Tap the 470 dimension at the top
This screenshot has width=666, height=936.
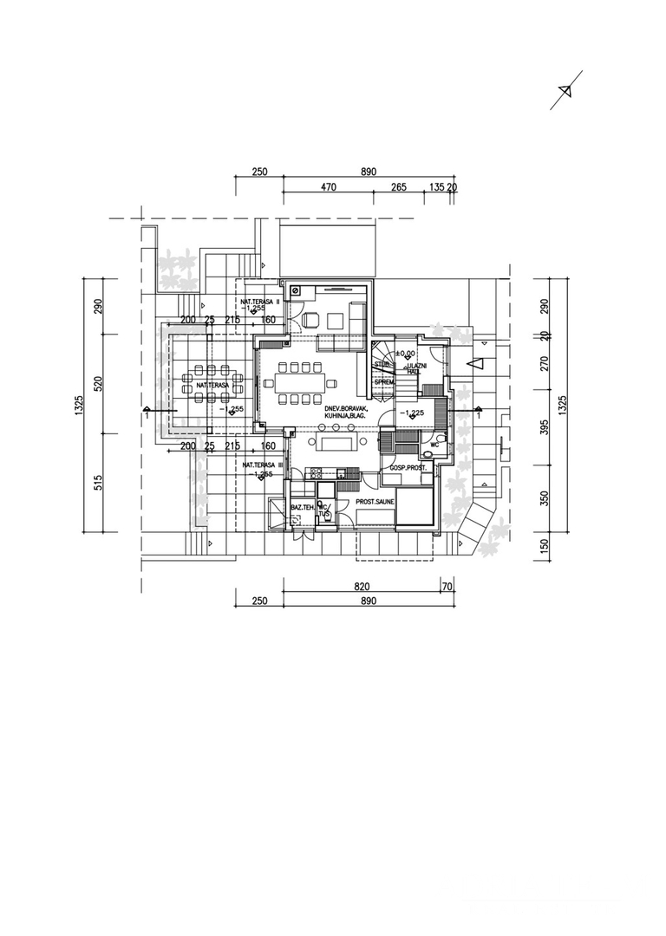point(328,186)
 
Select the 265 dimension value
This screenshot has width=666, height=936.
point(399,186)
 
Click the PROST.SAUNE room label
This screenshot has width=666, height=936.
point(375,502)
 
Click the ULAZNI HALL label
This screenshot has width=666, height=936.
point(415,368)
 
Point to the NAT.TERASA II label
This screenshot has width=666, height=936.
point(260,301)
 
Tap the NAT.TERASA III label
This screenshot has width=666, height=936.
point(262,465)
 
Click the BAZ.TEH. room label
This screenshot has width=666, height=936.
point(303,507)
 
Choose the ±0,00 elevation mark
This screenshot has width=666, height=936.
point(405,354)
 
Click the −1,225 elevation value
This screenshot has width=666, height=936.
point(411,413)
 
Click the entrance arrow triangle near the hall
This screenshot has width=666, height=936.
point(473,366)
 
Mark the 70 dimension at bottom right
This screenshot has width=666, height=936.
point(447,587)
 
